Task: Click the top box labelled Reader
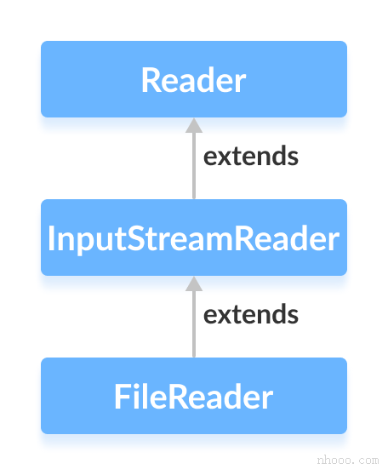[194, 79]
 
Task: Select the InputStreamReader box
[194, 237]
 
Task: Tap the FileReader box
[194, 396]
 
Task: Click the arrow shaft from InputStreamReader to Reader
[194, 166]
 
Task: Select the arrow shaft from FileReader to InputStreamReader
[194, 324]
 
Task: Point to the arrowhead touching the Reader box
[194, 125]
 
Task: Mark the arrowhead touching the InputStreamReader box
[194, 283]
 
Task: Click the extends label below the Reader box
[251, 157]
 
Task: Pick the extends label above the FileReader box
[251, 315]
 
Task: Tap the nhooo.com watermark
[346, 460]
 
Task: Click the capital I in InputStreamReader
[52, 238]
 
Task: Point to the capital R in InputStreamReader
[247, 238]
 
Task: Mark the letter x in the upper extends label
[223, 157]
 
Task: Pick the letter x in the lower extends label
[223, 316]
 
